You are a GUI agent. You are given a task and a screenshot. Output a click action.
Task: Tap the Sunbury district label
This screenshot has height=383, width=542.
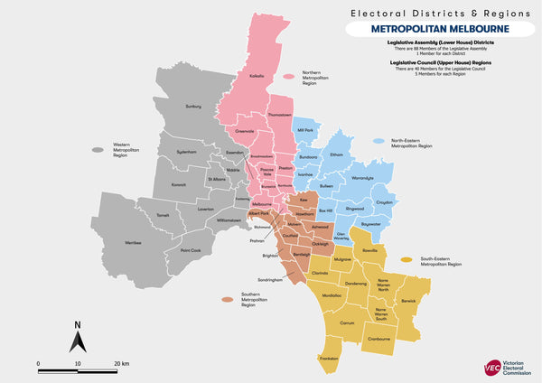[192, 107]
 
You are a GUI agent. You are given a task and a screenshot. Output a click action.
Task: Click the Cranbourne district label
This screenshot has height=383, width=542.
[384, 339]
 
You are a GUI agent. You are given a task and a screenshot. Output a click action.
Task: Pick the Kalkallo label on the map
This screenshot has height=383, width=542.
[257, 76]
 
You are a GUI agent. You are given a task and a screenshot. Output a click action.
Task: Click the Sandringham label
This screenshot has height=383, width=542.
[270, 280]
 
